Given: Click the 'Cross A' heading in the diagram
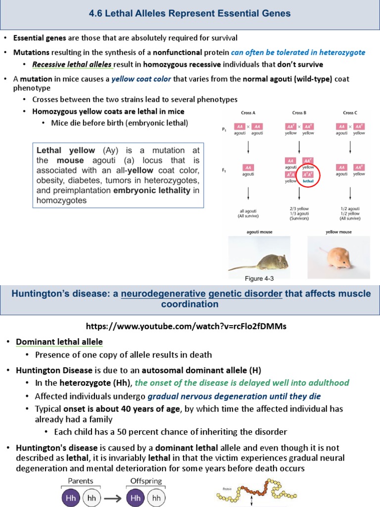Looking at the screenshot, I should [x=247, y=113].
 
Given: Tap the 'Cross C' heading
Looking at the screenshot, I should [x=350, y=113].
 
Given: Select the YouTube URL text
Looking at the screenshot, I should [x=186, y=327].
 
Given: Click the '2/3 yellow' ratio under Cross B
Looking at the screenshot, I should [x=299, y=209].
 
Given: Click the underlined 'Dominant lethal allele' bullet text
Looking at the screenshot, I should [x=59, y=342].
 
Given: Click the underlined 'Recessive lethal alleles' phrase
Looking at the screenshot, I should [x=73, y=64].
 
